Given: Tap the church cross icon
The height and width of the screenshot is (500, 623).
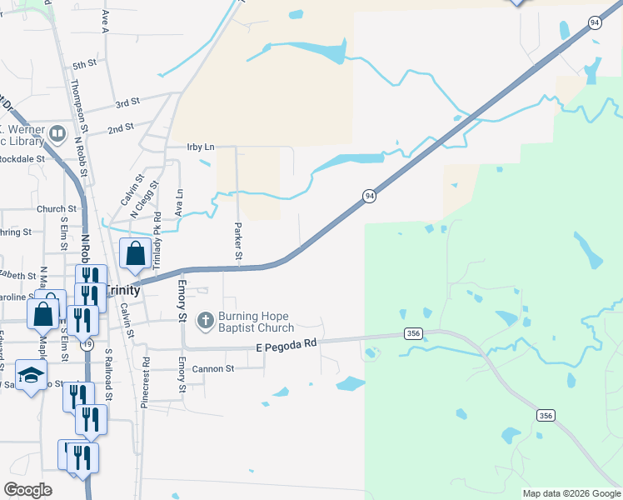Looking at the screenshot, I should pyautogui.click(x=205, y=319).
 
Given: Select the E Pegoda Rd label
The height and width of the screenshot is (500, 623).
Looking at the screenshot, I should pyautogui.click(x=287, y=343).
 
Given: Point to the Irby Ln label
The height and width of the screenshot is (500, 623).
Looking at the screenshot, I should pyautogui.click(x=201, y=147).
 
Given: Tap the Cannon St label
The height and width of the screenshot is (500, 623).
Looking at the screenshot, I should pyautogui.click(x=215, y=367).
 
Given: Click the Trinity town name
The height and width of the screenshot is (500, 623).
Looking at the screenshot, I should pyautogui.click(x=122, y=290).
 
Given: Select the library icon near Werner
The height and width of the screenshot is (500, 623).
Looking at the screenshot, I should pyautogui.click(x=57, y=133).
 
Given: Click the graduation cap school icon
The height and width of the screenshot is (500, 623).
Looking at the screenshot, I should pyautogui.click(x=31, y=375).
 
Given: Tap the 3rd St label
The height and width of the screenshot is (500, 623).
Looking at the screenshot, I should pyautogui.click(x=127, y=102).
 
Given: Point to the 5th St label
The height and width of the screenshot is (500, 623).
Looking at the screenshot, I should pyautogui.click(x=84, y=64).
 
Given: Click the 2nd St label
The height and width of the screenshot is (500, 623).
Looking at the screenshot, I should pyautogui.click(x=121, y=127).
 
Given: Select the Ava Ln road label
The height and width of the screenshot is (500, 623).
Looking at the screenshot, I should pyautogui.click(x=178, y=202).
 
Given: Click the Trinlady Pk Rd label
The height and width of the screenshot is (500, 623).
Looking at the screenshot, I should pyautogui.click(x=157, y=239).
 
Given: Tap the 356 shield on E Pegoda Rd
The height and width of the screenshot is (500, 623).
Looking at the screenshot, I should pyautogui.click(x=412, y=333).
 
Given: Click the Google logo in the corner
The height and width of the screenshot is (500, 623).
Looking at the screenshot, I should pyautogui.click(x=27, y=490).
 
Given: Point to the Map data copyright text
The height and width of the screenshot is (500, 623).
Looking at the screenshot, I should pyautogui.click(x=571, y=493).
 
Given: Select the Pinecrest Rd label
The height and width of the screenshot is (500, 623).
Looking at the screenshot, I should pyautogui.click(x=146, y=376).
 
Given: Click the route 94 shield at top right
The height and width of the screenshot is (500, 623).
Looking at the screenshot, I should pyautogui.click(x=595, y=23).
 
